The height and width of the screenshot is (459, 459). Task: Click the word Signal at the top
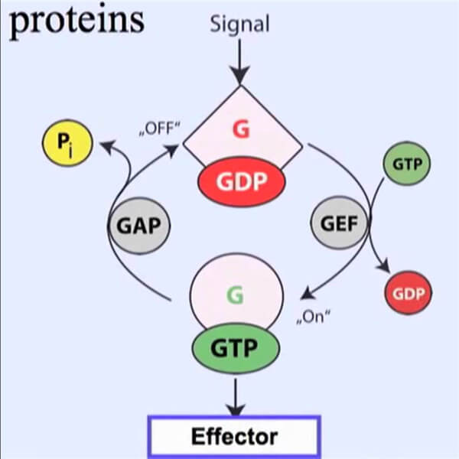click(x=240, y=24)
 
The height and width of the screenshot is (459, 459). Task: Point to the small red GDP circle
click(x=408, y=294)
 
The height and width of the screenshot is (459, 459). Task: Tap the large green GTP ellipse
click(x=236, y=348)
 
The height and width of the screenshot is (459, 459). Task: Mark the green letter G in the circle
click(x=236, y=295)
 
